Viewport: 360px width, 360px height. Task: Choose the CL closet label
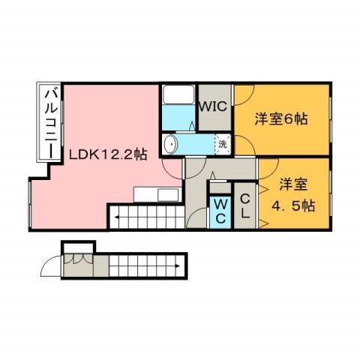[x=244, y=208]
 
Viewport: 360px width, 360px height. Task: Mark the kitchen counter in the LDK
[x=157, y=195]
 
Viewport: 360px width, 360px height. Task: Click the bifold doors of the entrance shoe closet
[x=79, y=259]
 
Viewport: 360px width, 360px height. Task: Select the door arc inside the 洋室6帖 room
[x=244, y=98]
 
